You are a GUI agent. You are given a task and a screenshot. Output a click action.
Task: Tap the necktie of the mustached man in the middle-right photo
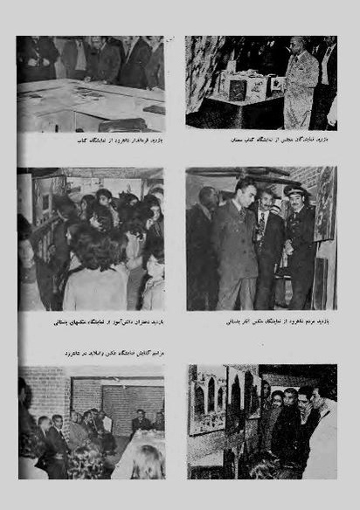click(260, 230)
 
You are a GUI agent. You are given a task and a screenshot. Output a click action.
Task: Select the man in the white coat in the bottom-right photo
click(324, 447)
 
